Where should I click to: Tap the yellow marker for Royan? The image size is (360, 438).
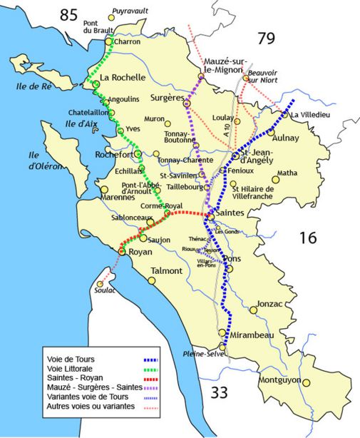[x=122, y=251]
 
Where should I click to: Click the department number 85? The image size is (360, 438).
[x=69, y=14]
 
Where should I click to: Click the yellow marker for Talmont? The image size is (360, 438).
[x=152, y=281]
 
